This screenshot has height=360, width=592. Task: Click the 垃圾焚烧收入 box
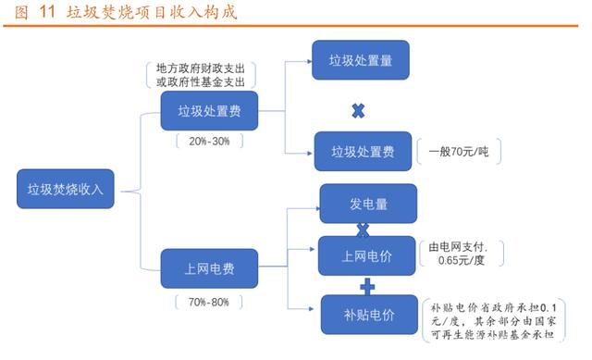click(65, 190)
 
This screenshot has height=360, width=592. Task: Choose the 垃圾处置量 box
click(361, 61)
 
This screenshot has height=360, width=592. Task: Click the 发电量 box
click(368, 203)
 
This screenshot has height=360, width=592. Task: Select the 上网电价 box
click(367, 255)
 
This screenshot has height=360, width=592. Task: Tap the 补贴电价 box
click(368, 315)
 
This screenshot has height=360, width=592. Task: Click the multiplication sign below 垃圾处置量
click(359, 110)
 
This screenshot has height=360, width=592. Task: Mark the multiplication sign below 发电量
click(364, 229)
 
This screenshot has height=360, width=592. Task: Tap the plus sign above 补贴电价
click(367, 285)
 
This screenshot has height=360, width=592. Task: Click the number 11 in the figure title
click(46, 12)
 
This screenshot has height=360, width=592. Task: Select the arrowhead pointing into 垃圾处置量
click(308, 62)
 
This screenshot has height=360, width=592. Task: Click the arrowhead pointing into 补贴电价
click(315, 309)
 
